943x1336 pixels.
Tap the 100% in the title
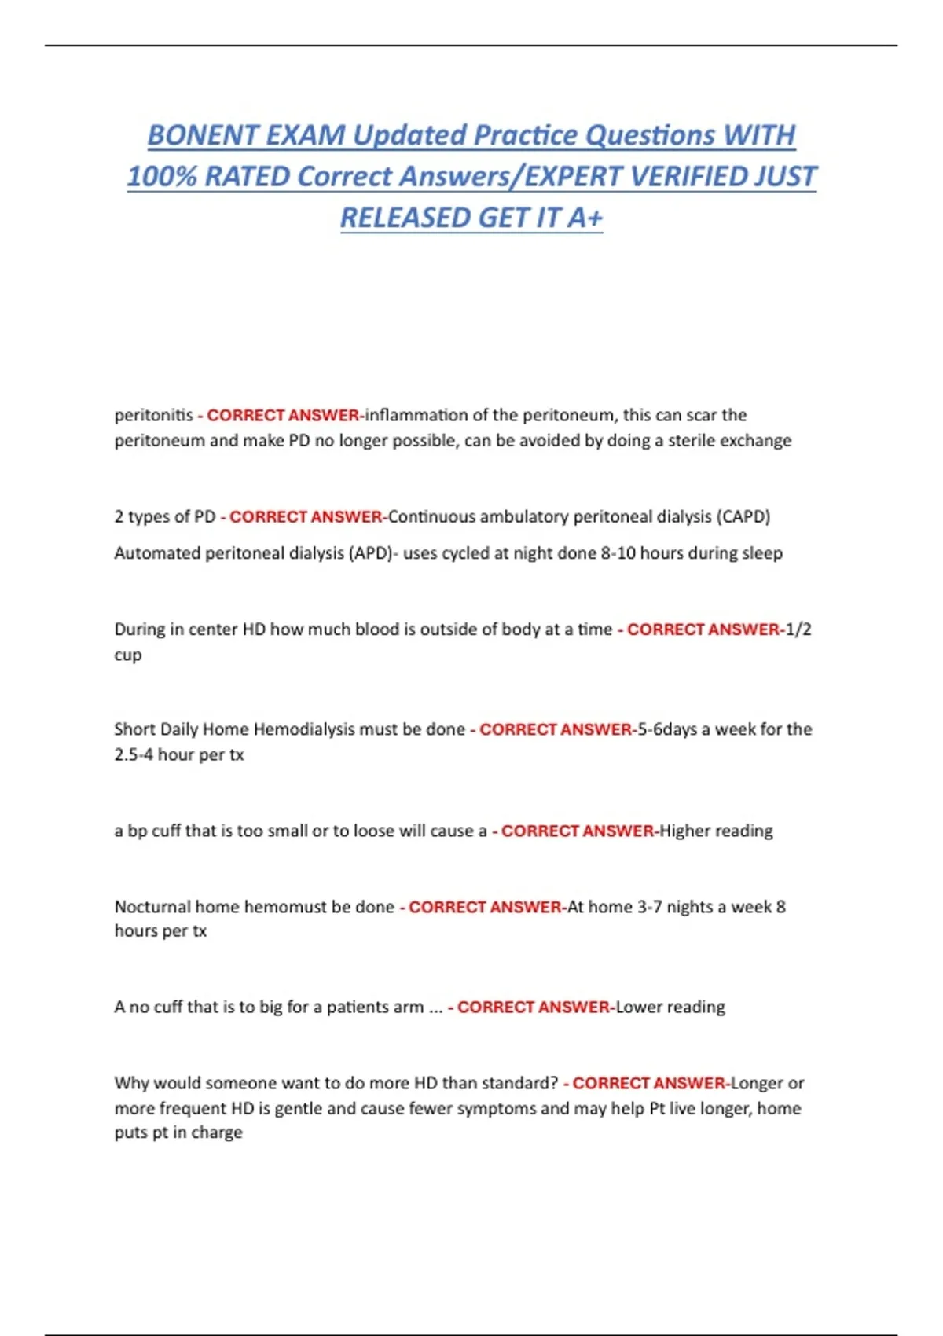click(161, 177)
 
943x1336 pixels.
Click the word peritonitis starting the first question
click(153, 415)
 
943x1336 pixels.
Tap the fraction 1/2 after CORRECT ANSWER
click(798, 629)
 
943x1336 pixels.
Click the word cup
click(128, 655)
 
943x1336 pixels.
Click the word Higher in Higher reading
click(684, 831)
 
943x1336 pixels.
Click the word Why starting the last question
click(131, 1083)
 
